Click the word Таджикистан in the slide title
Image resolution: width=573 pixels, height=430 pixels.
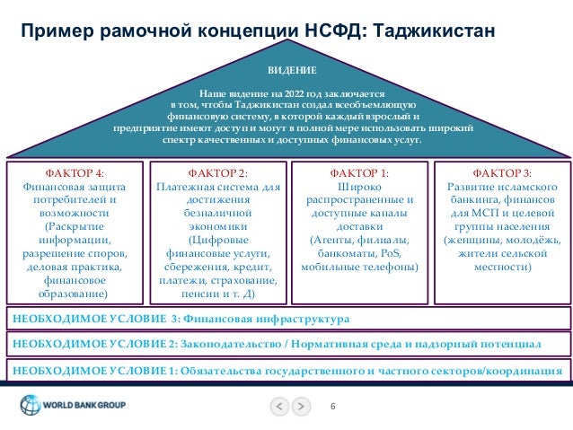pyautogui.click(x=432, y=32)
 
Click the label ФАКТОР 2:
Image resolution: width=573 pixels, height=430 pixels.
pyautogui.click(x=216, y=173)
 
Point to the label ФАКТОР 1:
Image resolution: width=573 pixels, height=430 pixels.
pyautogui.click(x=359, y=173)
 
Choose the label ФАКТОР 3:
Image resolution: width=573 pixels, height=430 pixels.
pyautogui.click(x=501, y=173)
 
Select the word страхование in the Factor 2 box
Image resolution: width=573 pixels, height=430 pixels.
pyautogui.click(x=247, y=281)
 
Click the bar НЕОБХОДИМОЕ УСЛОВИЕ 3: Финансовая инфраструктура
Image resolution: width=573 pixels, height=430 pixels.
pyautogui.click(x=180, y=319)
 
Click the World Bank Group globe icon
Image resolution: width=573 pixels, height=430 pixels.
pyautogui.click(x=30, y=405)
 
